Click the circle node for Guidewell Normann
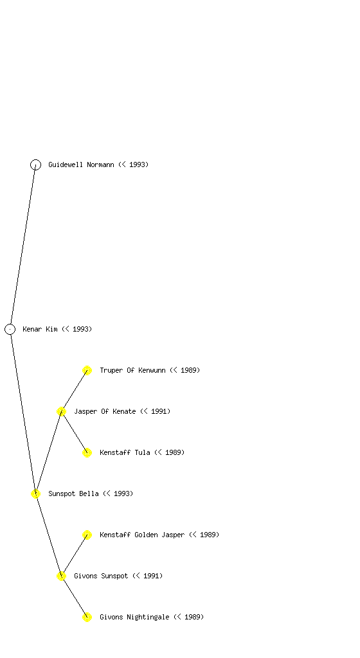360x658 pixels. tap(35, 164)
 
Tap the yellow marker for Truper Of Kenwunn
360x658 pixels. tap(87, 370)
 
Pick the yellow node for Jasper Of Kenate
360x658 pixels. tap(61, 411)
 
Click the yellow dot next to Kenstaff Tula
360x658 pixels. tap(87, 452)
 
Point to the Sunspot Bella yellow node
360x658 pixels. tap(35, 493)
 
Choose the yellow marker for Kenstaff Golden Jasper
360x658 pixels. tap(87, 535)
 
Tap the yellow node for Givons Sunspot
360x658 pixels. tap(61, 576)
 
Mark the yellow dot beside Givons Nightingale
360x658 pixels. tap(87, 617)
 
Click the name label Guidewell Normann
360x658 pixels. tap(81, 164)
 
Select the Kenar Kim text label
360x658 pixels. tap(40, 329)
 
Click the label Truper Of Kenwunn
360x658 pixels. tap(132, 370)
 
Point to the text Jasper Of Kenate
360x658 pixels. tap(105, 411)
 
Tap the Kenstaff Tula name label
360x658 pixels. tap(125, 452)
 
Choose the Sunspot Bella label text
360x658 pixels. tap(73, 493)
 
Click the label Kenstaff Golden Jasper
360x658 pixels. tap(142, 535)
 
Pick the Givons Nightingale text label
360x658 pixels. tap(134, 617)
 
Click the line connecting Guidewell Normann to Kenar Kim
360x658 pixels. tap(22, 247)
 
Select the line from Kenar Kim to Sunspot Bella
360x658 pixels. tap(22, 411)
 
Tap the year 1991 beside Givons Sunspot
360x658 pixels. tap(151, 576)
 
